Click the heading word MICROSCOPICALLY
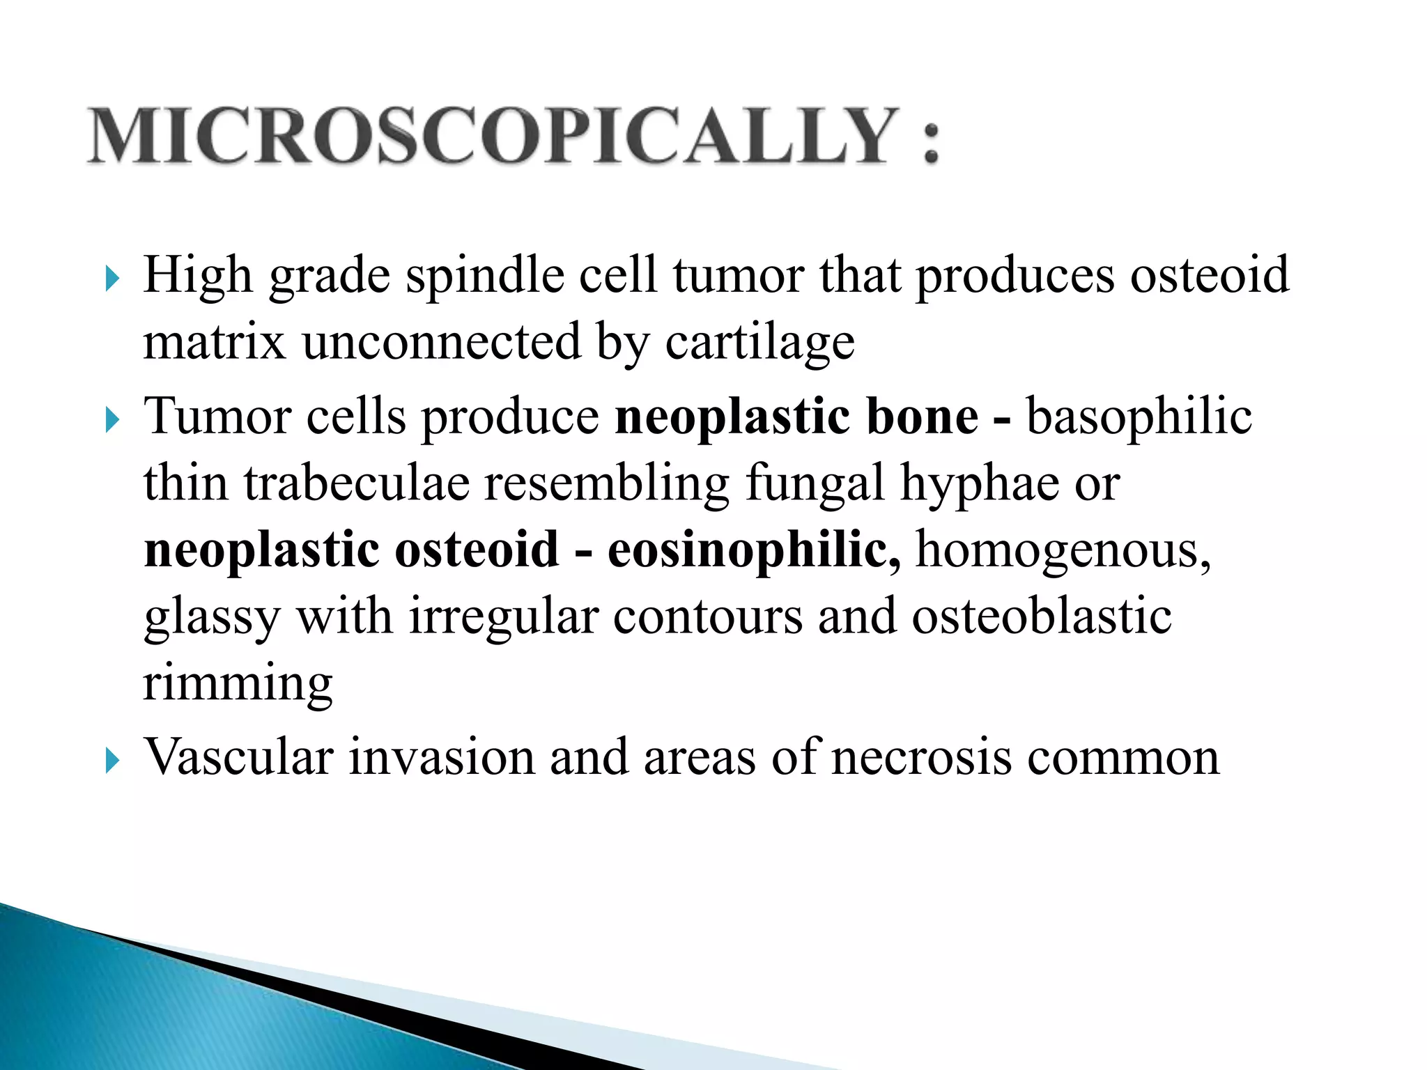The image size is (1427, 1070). (491, 136)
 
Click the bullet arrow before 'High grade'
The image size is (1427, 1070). (112, 280)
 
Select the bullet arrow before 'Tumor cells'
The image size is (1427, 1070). (112, 421)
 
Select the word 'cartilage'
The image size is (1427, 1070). (759, 343)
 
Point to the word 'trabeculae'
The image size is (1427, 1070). (356, 483)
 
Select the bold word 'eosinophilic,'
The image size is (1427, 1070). (753, 550)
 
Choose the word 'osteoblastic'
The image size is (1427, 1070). (1041, 617)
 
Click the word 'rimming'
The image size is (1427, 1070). (238, 684)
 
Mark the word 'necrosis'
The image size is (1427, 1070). (921, 757)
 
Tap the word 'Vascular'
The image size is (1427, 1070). (238, 757)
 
